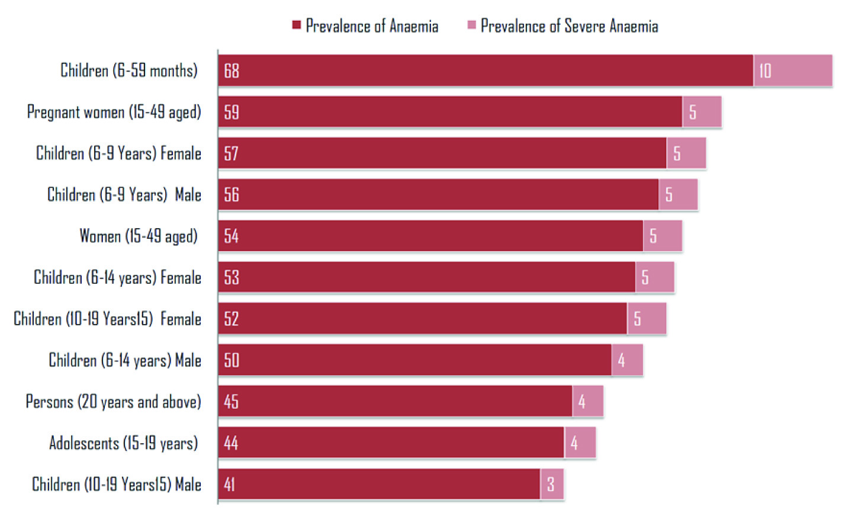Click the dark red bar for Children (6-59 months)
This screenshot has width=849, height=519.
click(x=485, y=71)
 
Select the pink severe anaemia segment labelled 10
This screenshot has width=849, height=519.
click(x=793, y=71)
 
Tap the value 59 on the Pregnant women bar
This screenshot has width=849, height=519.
click(x=231, y=112)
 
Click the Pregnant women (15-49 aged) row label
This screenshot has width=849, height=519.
click(x=114, y=112)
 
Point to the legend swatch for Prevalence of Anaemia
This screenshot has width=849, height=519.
click(x=297, y=25)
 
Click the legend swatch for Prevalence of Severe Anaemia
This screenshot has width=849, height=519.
click(x=472, y=25)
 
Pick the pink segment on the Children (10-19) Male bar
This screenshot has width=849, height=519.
click(x=552, y=484)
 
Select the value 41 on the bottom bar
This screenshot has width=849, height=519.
click(x=230, y=485)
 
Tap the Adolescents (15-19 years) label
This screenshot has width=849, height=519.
click(x=123, y=443)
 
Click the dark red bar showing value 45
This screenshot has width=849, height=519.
click(x=395, y=401)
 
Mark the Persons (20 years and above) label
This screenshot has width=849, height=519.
click(x=113, y=402)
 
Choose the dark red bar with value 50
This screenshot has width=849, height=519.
click(x=414, y=360)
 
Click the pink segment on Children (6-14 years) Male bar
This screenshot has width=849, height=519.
click(x=627, y=360)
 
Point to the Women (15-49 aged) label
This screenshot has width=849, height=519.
click(x=138, y=236)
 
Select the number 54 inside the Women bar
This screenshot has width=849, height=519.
click(x=231, y=236)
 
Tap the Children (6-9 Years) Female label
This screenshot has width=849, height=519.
click(x=118, y=153)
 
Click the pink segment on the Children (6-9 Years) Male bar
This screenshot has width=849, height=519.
click(x=678, y=194)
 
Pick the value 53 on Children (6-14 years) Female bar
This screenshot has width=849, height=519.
click(x=231, y=277)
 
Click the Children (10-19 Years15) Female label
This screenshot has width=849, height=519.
click(x=107, y=319)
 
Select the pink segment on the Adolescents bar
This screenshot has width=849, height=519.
click(x=580, y=443)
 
